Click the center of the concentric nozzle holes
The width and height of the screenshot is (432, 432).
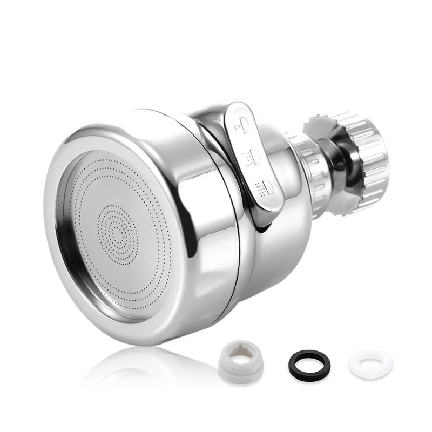[118, 234]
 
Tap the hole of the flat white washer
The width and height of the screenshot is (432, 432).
[370, 361]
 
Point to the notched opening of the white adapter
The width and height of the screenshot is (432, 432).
[242, 350]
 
